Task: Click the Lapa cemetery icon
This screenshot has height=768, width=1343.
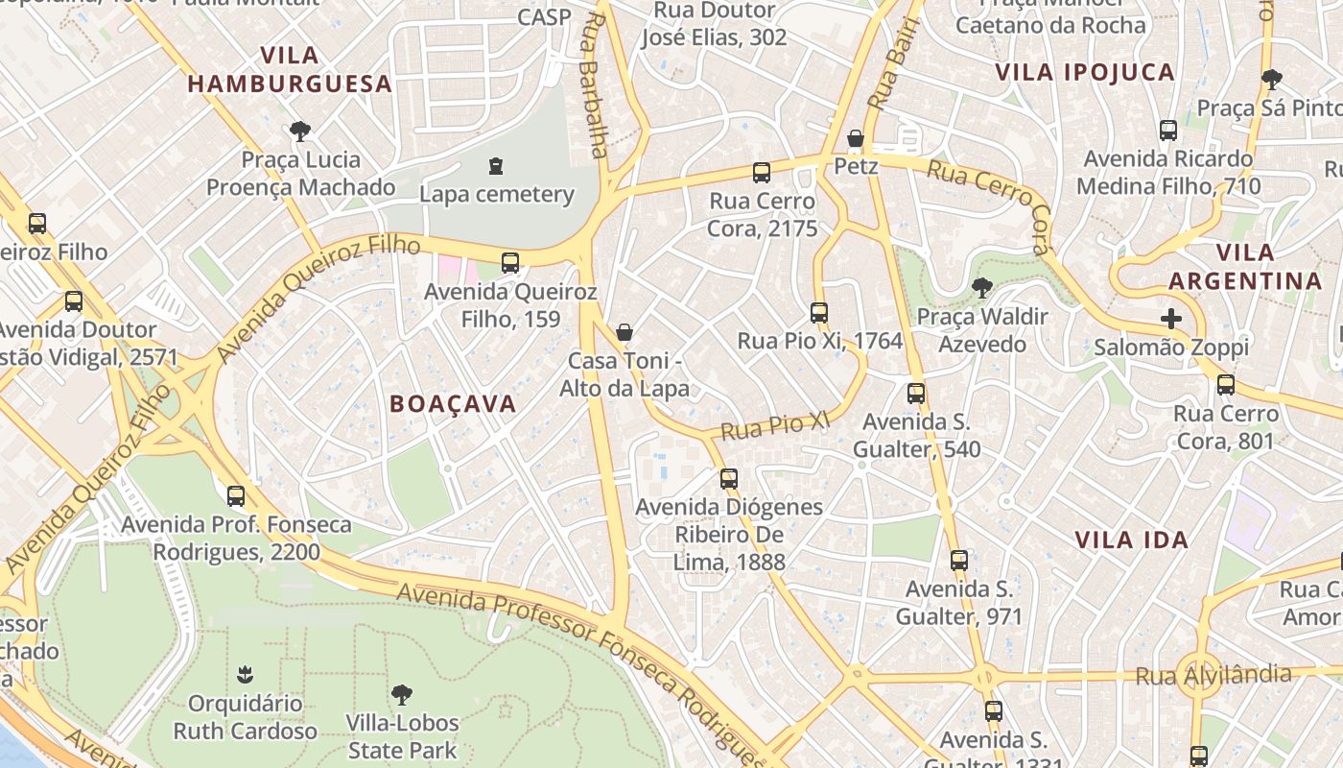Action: (496, 166)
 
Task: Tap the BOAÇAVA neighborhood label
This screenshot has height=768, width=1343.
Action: (453, 404)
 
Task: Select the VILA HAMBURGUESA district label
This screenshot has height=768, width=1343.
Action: (290, 69)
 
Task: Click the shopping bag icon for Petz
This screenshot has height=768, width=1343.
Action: (856, 139)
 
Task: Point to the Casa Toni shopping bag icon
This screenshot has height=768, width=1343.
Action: (624, 333)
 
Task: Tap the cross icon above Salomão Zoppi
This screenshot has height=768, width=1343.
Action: (1171, 319)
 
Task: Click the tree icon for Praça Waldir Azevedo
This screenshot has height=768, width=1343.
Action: (981, 287)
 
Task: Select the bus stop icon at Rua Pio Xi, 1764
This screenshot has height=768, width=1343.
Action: (818, 313)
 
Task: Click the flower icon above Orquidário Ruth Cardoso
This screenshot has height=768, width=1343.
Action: (245, 675)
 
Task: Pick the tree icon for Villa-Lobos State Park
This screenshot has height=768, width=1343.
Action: (402, 694)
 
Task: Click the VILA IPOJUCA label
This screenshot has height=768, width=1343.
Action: (1084, 72)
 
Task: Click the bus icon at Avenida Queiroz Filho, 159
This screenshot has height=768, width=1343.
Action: (510, 262)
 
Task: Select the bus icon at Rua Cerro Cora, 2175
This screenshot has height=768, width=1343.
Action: (762, 173)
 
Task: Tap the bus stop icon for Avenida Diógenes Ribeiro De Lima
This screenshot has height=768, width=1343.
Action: (729, 478)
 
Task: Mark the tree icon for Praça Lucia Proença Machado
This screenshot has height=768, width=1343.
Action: (300, 131)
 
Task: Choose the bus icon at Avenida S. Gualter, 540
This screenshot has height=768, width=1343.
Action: (916, 394)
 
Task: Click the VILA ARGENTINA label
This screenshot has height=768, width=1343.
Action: (1245, 267)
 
